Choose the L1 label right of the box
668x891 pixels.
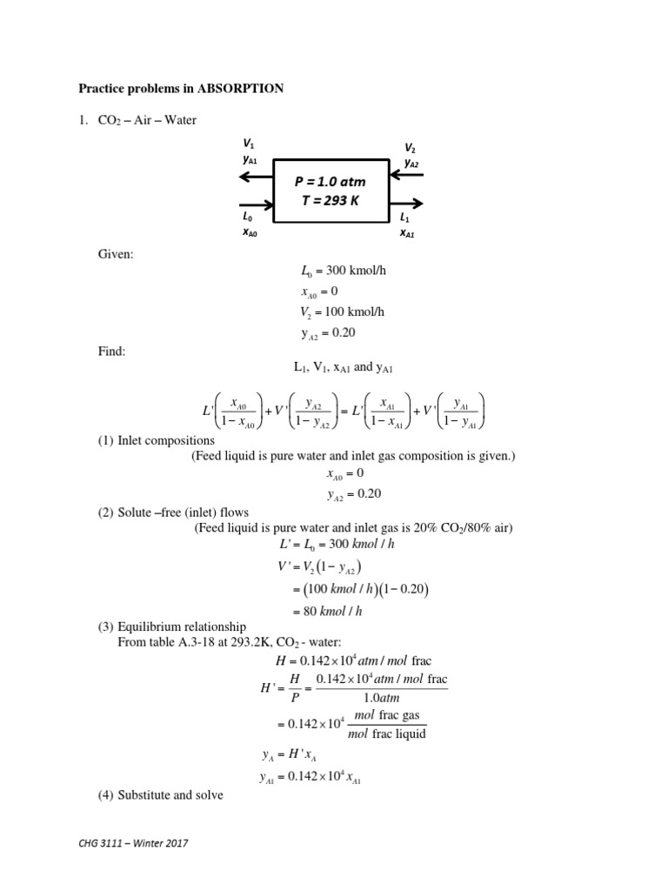[x=405, y=217]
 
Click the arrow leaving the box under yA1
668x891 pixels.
[x=257, y=177]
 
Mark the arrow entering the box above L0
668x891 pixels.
[x=257, y=203]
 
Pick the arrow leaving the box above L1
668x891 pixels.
[x=407, y=203]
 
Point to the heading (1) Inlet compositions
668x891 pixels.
[x=156, y=440]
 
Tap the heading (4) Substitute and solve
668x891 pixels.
[x=161, y=794]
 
